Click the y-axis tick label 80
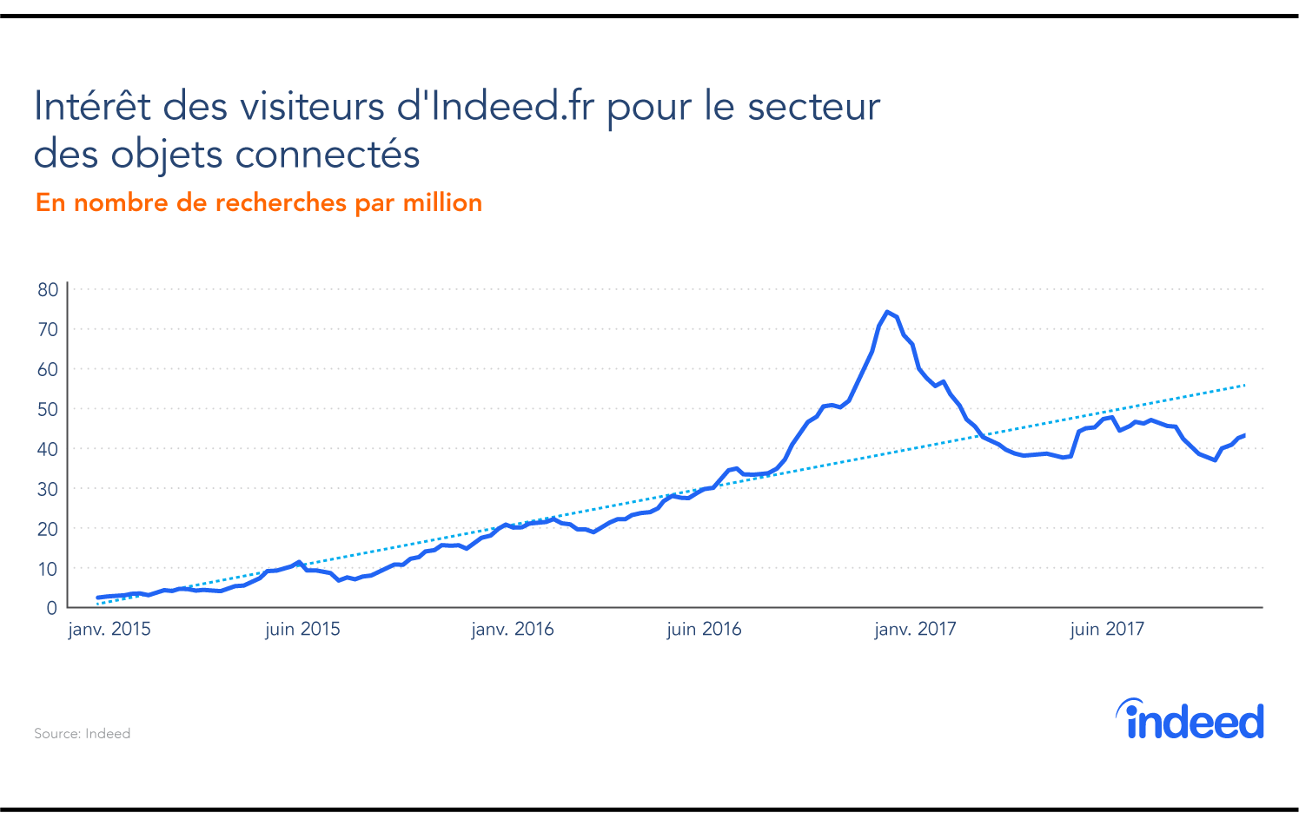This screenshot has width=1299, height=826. tap(48, 290)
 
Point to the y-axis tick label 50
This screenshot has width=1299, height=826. tap(48, 409)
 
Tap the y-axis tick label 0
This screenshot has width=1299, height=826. tap(52, 608)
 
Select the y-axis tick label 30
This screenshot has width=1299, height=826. tap(48, 489)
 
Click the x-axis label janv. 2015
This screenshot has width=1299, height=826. tap(109, 630)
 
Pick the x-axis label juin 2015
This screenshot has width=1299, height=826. tap(302, 630)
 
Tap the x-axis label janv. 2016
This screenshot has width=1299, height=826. tap(513, 630)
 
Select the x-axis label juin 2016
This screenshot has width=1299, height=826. tap(704, 630)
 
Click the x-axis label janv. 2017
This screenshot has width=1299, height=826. tap(915, 630)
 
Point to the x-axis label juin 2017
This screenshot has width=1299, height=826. tap(1107, 630)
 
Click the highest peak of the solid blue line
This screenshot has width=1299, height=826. tap(886, 312)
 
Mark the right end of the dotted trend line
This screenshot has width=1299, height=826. tap(1245, 385)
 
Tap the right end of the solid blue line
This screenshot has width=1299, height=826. tap(1244, 435)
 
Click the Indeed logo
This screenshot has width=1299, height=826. tap(1190, 719)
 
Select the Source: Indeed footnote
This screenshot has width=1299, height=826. tap(83, 734)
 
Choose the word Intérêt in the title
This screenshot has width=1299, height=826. tap(92, 107)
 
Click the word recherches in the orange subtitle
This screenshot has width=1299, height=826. tap(281, 203)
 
